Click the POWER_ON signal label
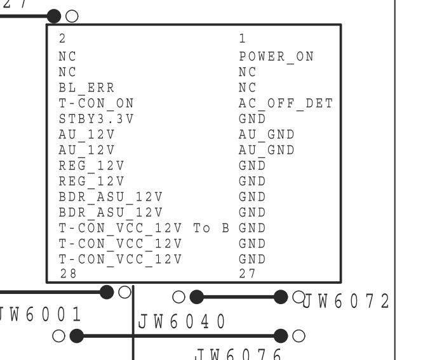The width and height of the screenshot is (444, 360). pyautogui.click(x=276, y=57)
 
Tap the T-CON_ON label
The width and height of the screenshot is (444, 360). pyautogui.click(x=96, y=103)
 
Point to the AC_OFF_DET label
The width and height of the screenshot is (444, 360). pyautogui.click(x=285, y=103)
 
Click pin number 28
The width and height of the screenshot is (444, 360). pyautogui.click(x=66, y=274)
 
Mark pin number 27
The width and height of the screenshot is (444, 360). pyautogui.click(x=247, y=274)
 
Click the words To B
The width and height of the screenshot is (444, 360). pyautogui.click(x=211, y=228)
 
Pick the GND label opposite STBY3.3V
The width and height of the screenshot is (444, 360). pyautogui.click(x=252, y=119)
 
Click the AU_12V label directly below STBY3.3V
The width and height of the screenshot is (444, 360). pyautogui.click(x=86, y=135)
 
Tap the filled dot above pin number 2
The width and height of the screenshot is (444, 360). pyautogui.click(x=55, y=15)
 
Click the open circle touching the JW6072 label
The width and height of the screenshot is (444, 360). pyautogui.click(x=298, y=296)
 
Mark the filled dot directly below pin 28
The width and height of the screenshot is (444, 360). pyautogui.click(x=107, y=291)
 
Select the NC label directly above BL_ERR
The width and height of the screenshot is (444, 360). pyautogui.click(x=67, y=72)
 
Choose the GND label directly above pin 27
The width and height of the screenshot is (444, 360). pyautogui.click(x=252, y=259)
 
